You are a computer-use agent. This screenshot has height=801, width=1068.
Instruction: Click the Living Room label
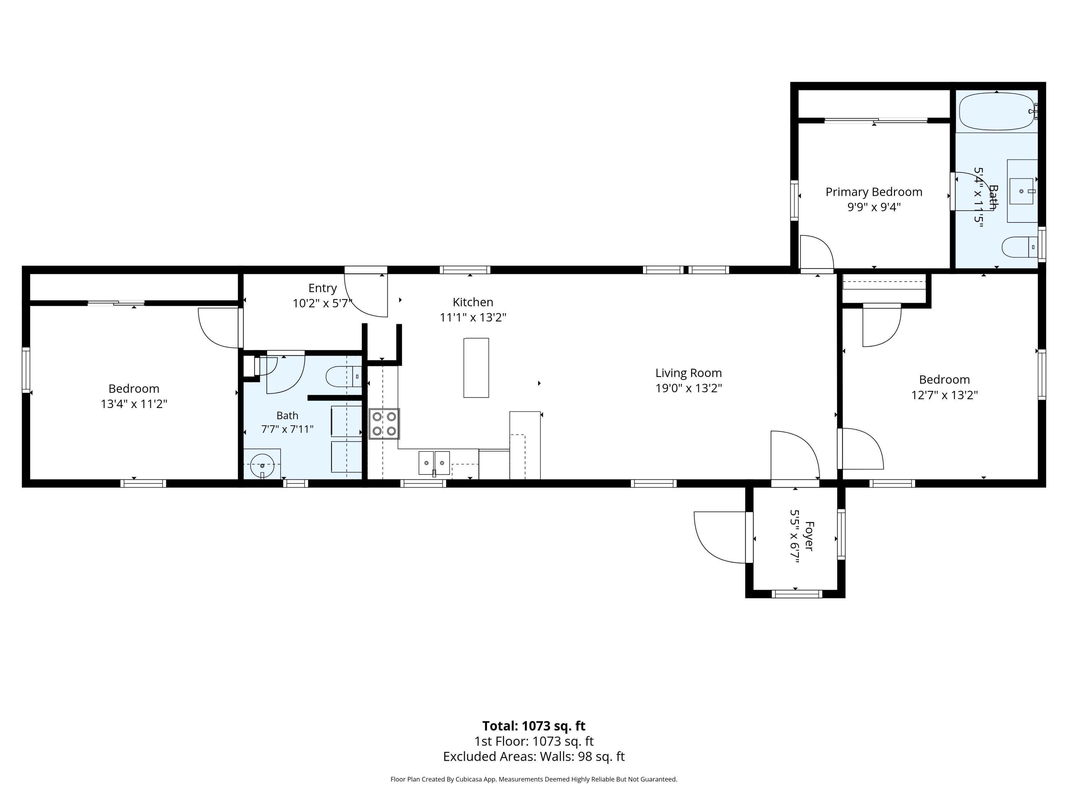689,373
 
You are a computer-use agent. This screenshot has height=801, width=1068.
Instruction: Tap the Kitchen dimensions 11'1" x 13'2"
473,317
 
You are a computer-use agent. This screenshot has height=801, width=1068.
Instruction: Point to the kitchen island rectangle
476,368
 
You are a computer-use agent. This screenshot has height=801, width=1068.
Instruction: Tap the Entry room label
323,288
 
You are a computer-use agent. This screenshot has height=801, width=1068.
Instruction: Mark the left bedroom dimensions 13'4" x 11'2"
134,404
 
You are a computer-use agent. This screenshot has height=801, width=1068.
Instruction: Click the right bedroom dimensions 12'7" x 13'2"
944,395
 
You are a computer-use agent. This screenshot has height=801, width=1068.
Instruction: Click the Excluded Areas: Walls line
534,756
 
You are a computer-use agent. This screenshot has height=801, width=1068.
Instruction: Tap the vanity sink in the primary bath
1022,191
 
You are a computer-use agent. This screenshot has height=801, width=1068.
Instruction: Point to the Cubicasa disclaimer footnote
534,779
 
